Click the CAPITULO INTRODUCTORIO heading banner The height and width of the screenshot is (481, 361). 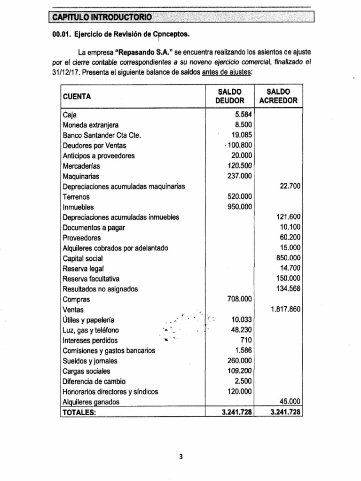point(102,17)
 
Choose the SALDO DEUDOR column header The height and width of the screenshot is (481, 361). point(229,96)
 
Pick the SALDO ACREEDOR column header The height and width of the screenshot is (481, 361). point(278,96)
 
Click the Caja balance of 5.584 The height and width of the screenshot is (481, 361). point(243,115)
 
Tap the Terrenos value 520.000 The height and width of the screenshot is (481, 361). point(239,197)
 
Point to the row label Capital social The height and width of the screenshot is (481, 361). point(82,258)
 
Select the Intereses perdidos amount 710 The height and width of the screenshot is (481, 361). point(246,341)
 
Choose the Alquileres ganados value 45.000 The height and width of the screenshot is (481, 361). point(290,402)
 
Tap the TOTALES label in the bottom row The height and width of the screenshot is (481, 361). point(79,412)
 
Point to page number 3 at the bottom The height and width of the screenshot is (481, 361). point(180,461)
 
